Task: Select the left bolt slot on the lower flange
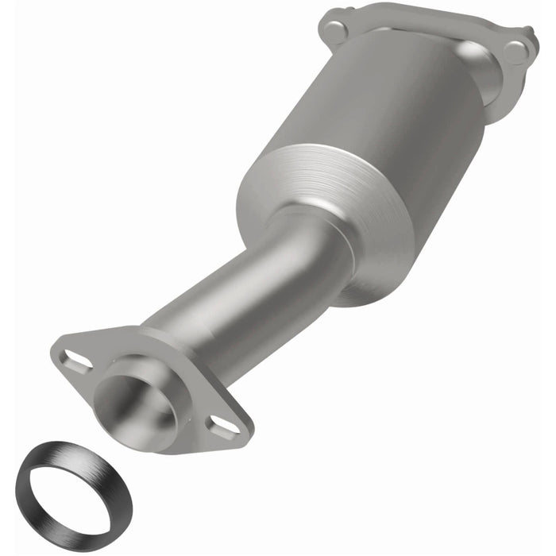point(76,363)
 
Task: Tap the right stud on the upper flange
point(517,52)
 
